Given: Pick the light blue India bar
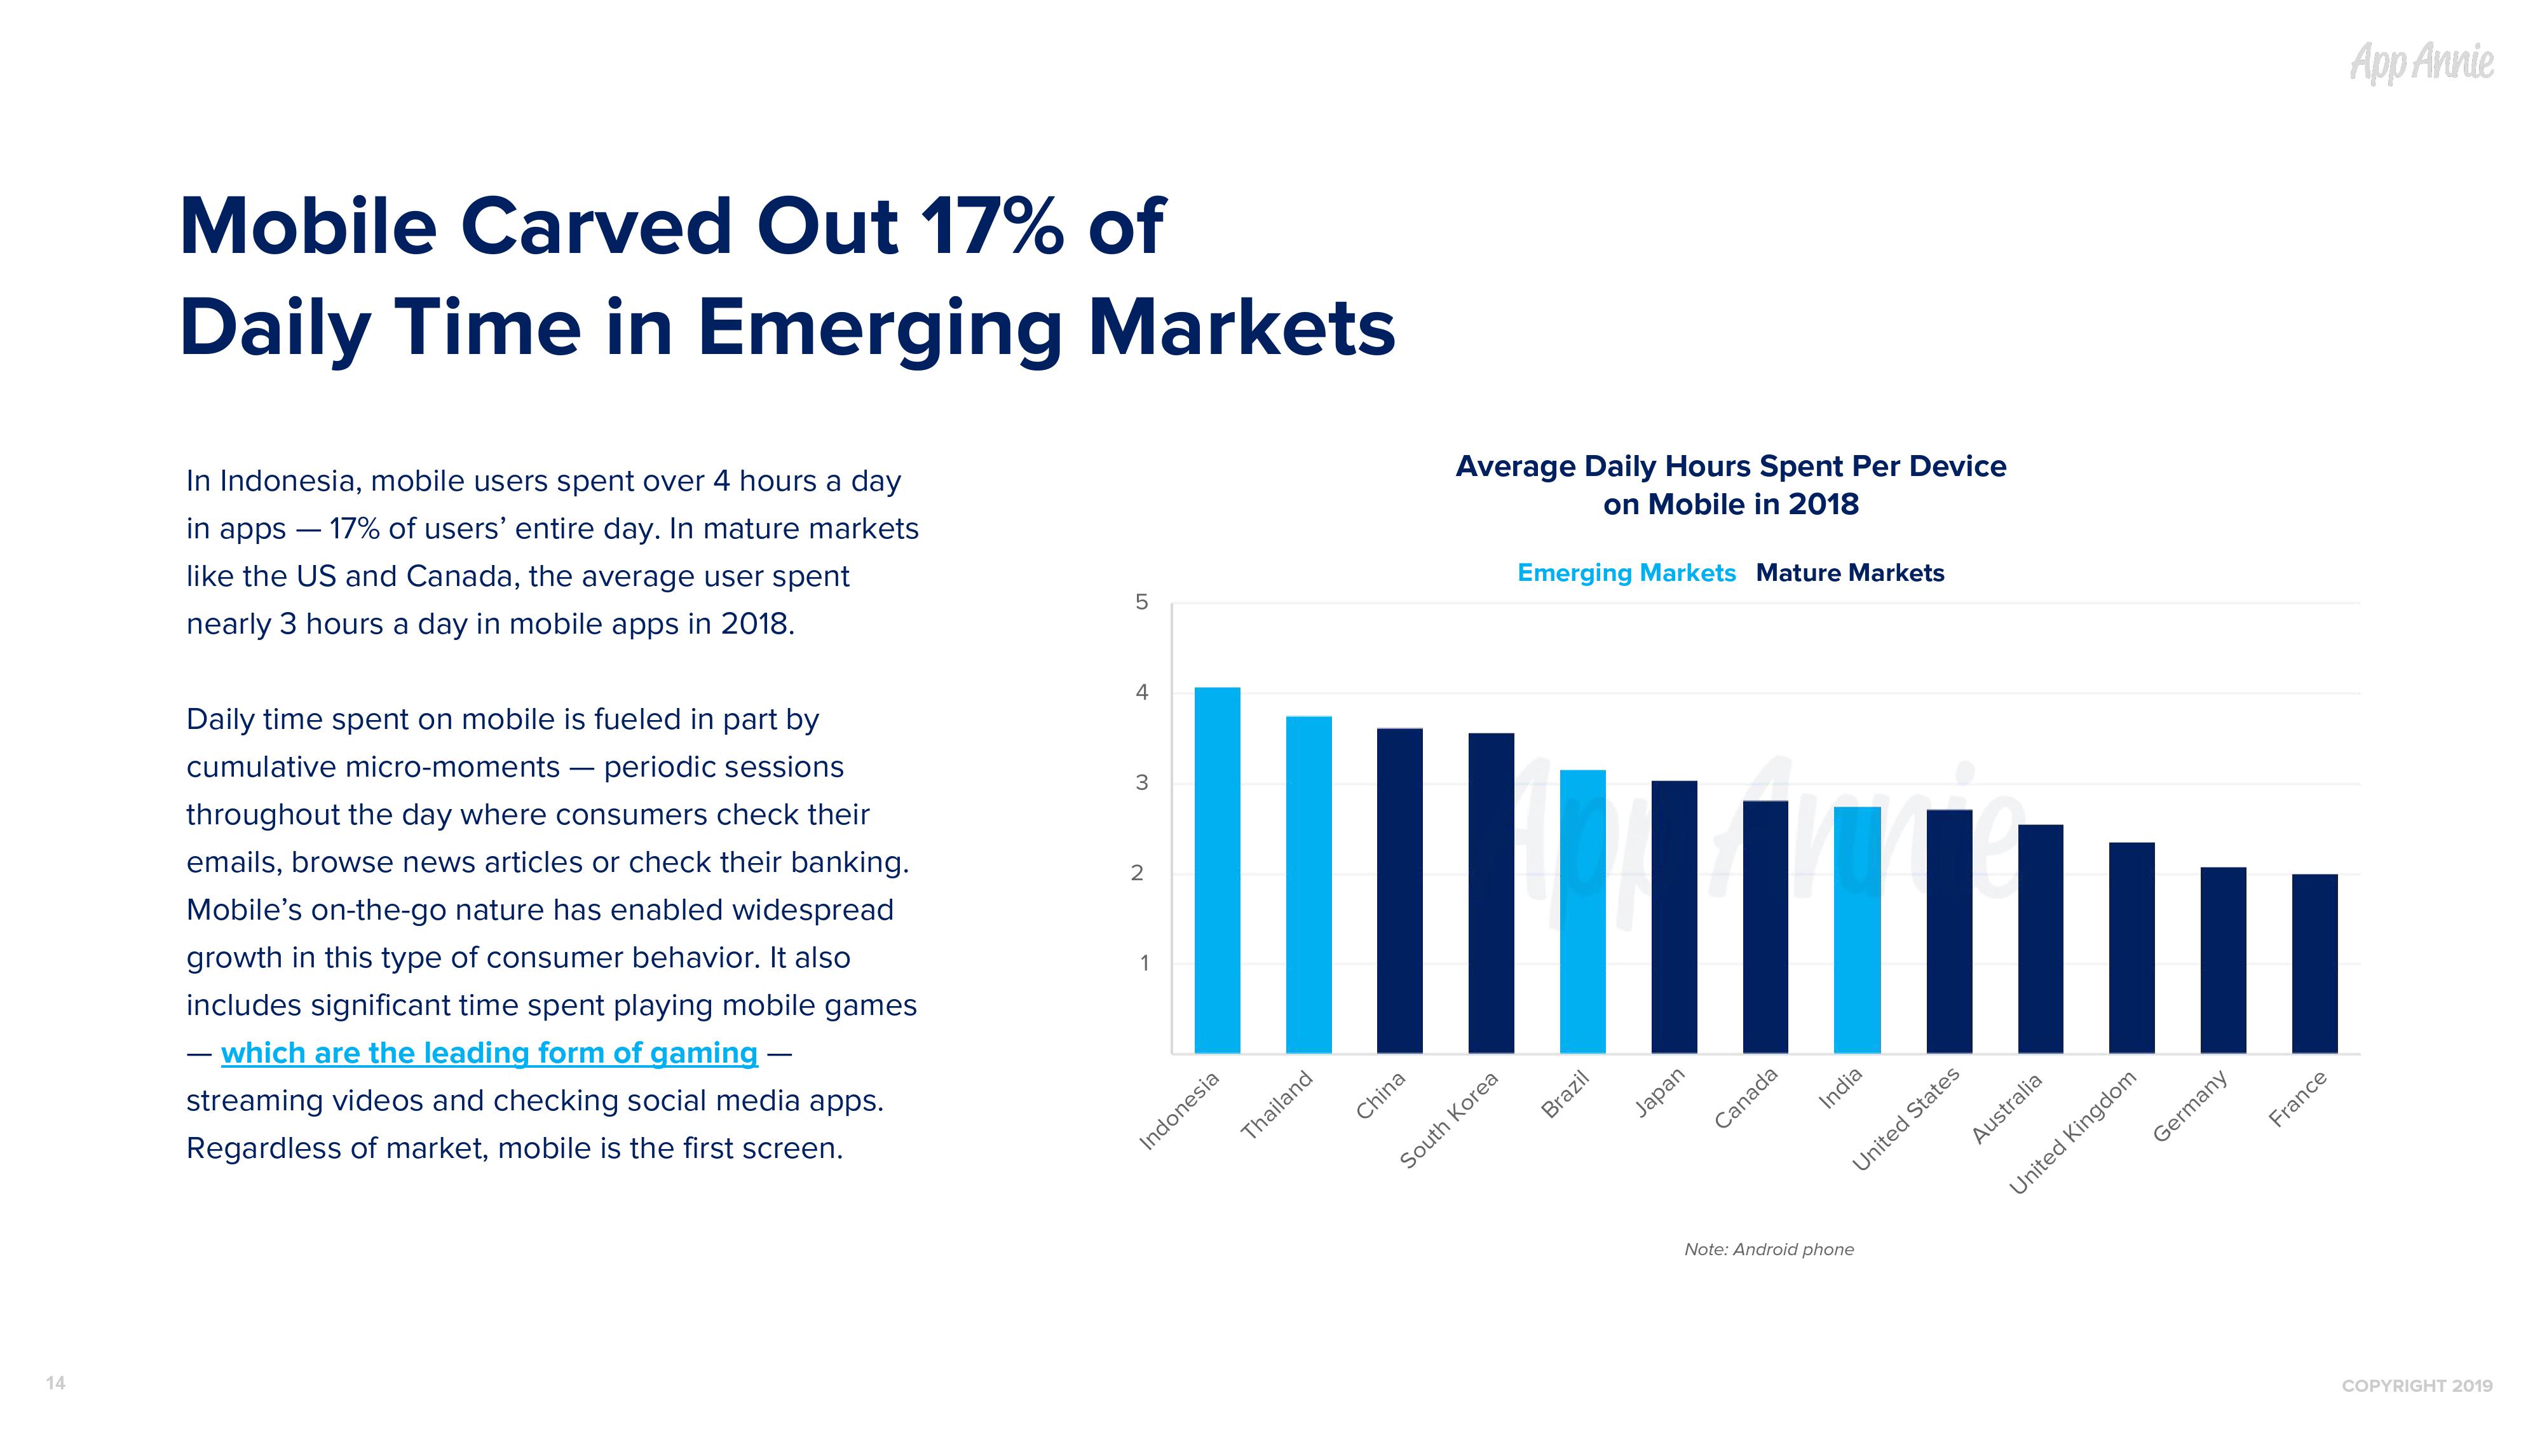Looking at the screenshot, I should (1856, 930).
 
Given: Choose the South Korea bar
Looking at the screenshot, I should (1491, 892).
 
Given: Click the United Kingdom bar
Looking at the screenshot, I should (2131, 948).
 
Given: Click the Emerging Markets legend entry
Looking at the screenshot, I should (1625, 573).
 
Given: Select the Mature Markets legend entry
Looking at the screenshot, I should (1849, 573).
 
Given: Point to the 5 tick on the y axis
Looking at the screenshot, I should (1142, 602).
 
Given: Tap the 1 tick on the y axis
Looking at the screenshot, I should (1144, 964).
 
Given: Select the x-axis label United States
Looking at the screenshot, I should (1905, 1120).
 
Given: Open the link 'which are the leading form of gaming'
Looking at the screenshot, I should (489, 1053).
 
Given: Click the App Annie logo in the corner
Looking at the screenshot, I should (2422, 63).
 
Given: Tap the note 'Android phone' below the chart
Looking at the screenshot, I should (1769, 1250).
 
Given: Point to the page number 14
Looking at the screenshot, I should (55, 1382).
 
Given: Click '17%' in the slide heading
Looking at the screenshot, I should (992, 227).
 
